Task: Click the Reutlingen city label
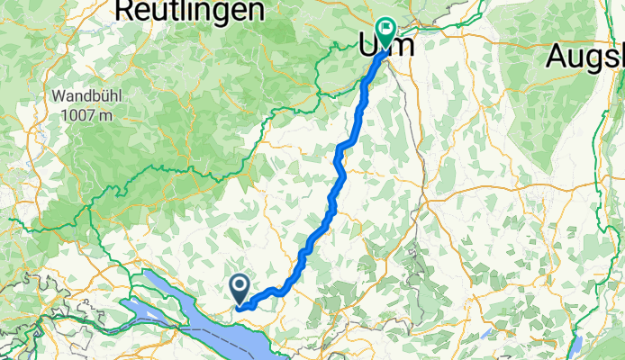[x=190, y=11]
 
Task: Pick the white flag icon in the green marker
[x=388, y=28]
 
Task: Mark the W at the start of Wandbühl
[x=59, y=95]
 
